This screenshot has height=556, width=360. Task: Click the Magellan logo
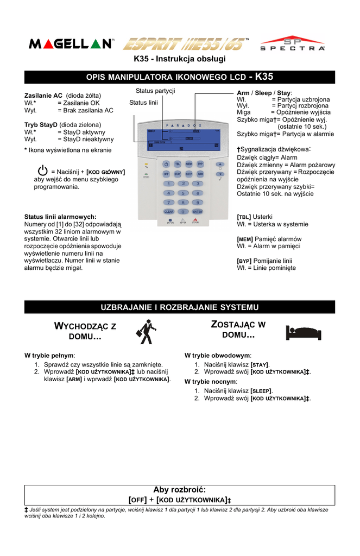point(71,44)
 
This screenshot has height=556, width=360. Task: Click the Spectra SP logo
point(292,44)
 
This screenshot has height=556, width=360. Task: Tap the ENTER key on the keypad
point(198,211)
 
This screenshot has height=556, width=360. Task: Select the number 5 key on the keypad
point(183,193)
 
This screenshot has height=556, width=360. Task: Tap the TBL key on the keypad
point(178,163)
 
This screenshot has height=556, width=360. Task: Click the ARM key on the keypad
point(200,174)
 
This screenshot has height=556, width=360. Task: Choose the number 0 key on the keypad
point(183,211)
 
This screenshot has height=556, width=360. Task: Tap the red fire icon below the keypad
point(195,220)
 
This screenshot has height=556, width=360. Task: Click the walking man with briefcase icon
point(144,332)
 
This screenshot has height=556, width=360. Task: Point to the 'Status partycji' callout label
point(155,91)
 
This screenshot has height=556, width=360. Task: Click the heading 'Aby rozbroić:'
point(180,490)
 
